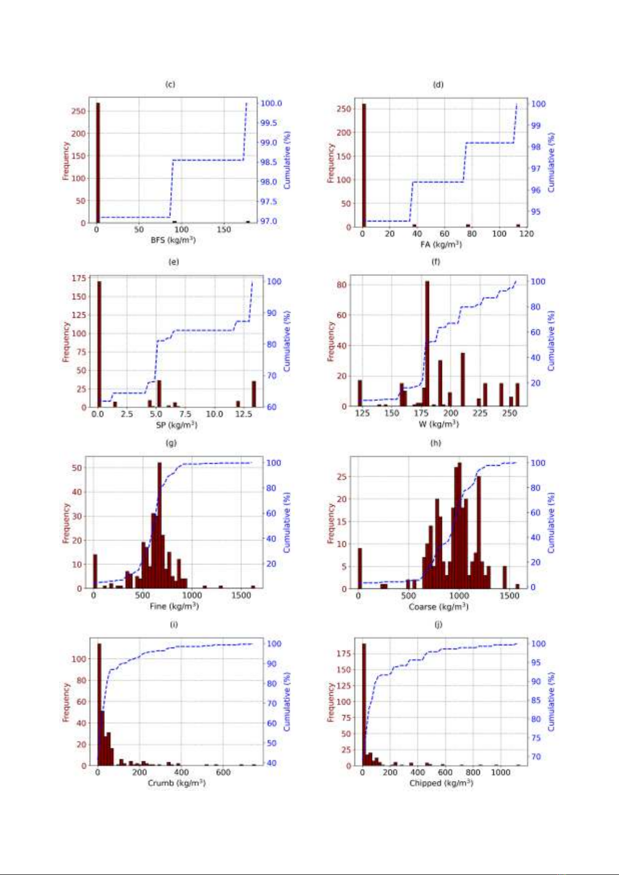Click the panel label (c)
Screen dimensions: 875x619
tap(170, 84)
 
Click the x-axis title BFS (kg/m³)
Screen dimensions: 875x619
tap(173, 240)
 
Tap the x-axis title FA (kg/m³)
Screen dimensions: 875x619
tap(441, 244)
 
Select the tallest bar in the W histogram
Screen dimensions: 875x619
tap(427, 343)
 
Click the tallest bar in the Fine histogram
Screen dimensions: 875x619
tap(159, 524)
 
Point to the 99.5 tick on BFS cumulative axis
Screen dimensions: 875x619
tap(268, 123)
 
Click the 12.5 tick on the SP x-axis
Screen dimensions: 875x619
tap(244, 414)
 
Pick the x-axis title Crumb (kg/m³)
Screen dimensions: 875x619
tap(177, 783)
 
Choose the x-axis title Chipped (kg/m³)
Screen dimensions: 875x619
tap(441, 783)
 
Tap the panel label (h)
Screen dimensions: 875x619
tap(435, 443)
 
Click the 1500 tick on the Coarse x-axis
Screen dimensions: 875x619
tap(509, 596)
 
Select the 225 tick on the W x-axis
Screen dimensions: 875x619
tap(480, 413)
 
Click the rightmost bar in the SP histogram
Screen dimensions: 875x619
tap(254, 394)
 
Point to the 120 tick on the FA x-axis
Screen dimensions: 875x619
tap(527, 234)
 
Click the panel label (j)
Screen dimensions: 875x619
tap(438, 624)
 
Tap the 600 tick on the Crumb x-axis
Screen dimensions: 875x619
tap(223, 772)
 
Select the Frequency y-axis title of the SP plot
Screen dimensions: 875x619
tap(65, 342)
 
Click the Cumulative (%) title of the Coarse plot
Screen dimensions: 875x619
tap(551, 523)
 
